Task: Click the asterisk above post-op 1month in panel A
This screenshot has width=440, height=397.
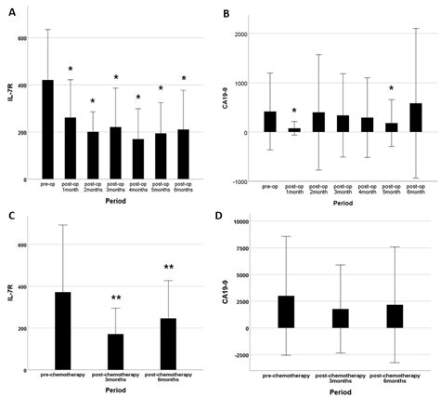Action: point(70,70)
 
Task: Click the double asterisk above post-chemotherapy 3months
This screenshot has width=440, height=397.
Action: point(116,298)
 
